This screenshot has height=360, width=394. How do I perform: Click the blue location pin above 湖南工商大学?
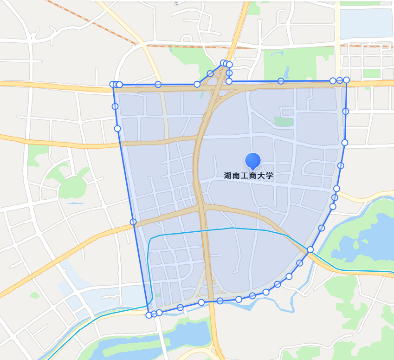(253, 160)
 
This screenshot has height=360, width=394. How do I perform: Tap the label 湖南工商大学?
(249, 176)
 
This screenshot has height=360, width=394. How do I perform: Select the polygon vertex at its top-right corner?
(346, 80)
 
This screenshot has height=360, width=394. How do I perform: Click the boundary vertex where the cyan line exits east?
(310, 249)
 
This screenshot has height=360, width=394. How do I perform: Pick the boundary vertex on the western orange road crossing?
(133, 222)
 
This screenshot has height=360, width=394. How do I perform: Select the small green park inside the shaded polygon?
(284, 122)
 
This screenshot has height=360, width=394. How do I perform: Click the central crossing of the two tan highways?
(203, 204)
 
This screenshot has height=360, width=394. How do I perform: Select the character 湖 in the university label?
(228, 176)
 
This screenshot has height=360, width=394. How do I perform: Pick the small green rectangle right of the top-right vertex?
(371, 73)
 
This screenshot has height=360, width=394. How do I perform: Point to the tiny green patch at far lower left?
(35, 295)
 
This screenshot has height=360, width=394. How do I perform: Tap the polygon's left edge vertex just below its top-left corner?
(115, 106)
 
